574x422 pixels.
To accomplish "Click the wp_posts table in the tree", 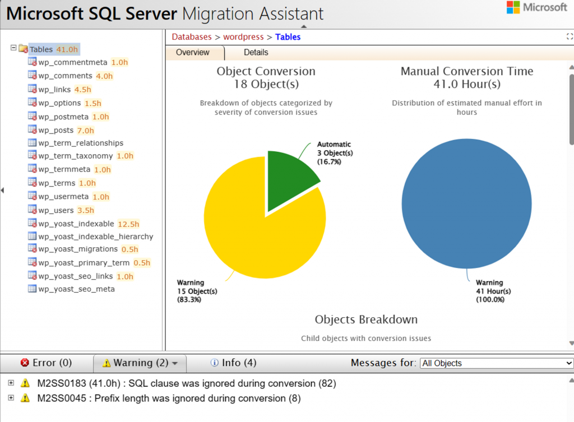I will pyautogui.click(x=55, y=130).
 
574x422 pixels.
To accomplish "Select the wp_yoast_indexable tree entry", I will pyautogui.click(x=77, y=224).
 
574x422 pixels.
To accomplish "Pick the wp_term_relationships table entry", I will pyautogui.click(x=80, y=143).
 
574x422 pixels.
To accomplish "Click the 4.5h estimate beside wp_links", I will pyautogui.click(x=82, y=90).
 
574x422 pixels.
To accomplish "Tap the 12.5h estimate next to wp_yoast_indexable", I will pyautogui.click(x=128, y=224).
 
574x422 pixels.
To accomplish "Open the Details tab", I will pyautogui.click(x=256, y=53).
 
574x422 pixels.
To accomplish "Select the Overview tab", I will pyautogui.click(x=192, y=53).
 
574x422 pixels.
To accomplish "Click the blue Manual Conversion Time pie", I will pyautogui.click(x=466, y=204).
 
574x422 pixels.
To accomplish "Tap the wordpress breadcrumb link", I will pyautogui.click(x=243, y=37).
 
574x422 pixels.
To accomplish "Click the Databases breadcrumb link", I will pyautogui.click(x=192, y=37).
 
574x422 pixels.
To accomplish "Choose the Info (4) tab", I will pyautogui.click(x=233, y=363).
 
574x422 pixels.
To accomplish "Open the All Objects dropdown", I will pyautogui.click(x=496, y=363).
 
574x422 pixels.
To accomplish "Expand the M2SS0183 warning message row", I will pyautogui.click(x=11, y=383).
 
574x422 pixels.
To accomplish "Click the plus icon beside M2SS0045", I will pyautogui.click(x=11, y=398).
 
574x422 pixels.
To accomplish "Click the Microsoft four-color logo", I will pyautogui.click(x=513, y=7).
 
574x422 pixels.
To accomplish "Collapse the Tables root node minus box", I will pyautogui.click(x=13, y=48).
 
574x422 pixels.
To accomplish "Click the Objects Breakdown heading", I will pyautogui.click(x=366, y=319).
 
